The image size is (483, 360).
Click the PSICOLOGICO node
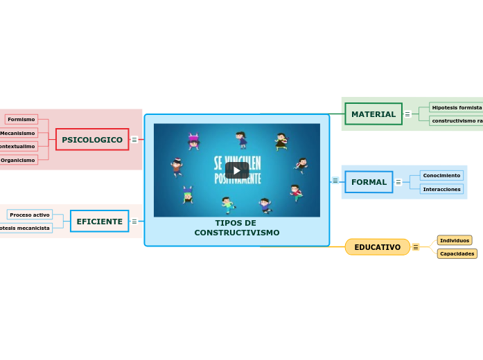92,139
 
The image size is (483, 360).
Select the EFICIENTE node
99,222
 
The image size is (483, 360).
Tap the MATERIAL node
373,114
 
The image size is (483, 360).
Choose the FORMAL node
369,182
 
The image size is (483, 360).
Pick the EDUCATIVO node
377,247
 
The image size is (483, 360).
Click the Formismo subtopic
21,119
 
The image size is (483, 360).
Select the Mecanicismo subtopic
18,133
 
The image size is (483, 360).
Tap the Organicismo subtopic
18,160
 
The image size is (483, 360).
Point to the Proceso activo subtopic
30,215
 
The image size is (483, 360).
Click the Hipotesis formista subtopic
456,107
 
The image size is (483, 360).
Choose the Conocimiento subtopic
441,175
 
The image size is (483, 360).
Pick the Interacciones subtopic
441,189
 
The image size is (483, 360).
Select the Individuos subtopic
455,240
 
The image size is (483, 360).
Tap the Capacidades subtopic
457,253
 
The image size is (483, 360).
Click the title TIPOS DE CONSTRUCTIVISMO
236,228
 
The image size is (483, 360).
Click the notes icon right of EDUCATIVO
416,247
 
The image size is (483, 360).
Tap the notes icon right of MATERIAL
407,114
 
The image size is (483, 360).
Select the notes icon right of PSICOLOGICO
134,140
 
